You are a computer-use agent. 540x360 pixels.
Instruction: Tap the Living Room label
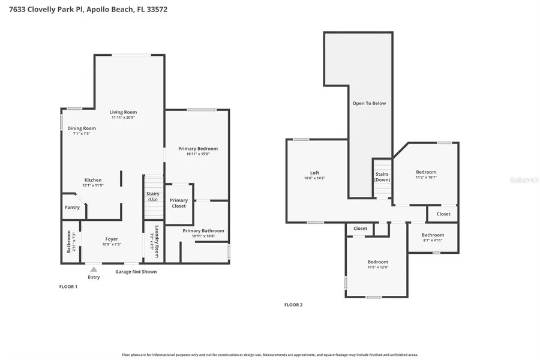123,112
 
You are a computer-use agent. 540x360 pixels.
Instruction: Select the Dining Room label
82,128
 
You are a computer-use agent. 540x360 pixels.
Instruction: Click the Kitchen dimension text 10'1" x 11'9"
93,185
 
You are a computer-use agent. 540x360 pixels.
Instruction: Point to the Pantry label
72,208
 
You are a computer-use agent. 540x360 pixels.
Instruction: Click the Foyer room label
112,239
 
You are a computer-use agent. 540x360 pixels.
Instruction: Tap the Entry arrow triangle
94,269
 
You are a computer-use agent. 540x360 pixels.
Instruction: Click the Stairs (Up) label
152,196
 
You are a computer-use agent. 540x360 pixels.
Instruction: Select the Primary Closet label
179,203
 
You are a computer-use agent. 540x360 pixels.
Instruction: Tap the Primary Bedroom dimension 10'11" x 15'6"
198,154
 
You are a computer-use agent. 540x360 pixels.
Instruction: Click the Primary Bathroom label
203,230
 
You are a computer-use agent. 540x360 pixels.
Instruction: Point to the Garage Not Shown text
136,272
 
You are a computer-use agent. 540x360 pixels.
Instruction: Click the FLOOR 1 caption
68,287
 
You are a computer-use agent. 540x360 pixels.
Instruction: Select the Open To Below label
369,103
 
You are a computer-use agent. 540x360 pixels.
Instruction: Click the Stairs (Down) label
382,177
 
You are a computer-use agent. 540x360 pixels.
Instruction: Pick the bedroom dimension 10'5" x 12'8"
378,267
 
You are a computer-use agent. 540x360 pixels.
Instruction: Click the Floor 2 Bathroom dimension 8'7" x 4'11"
433,240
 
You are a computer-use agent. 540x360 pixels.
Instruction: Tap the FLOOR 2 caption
293,305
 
